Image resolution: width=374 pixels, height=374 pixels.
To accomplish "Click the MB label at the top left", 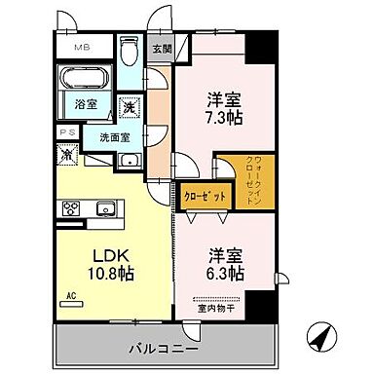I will (x=79, y=46).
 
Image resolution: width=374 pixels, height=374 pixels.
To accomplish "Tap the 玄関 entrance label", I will (x=161, y=46).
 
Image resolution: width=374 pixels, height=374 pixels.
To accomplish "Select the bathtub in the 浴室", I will (x=87, y=79).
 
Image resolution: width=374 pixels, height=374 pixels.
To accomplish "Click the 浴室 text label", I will (x=85, y=104).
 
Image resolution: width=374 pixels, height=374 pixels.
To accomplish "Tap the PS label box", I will (x=64, y=131).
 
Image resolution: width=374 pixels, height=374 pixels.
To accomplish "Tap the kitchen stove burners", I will (x=72, y=207).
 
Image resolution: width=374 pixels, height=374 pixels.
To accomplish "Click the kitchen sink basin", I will (x=106, y=207).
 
